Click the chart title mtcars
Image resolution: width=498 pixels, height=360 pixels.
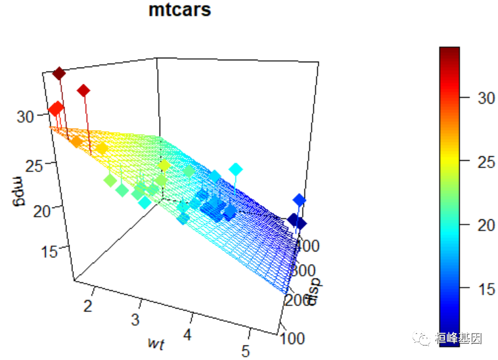[179, 11]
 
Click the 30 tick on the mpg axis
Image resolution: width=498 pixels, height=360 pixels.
[25, 117]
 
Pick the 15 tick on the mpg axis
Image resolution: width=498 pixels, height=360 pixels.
[39, 251]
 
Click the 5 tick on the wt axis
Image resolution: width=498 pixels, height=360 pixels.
[246, 350]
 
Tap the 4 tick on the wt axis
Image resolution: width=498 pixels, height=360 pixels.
[188, 334]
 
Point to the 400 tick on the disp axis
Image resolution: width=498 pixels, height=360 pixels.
[306, 246]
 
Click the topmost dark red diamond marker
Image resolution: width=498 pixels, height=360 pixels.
[59, 74]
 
